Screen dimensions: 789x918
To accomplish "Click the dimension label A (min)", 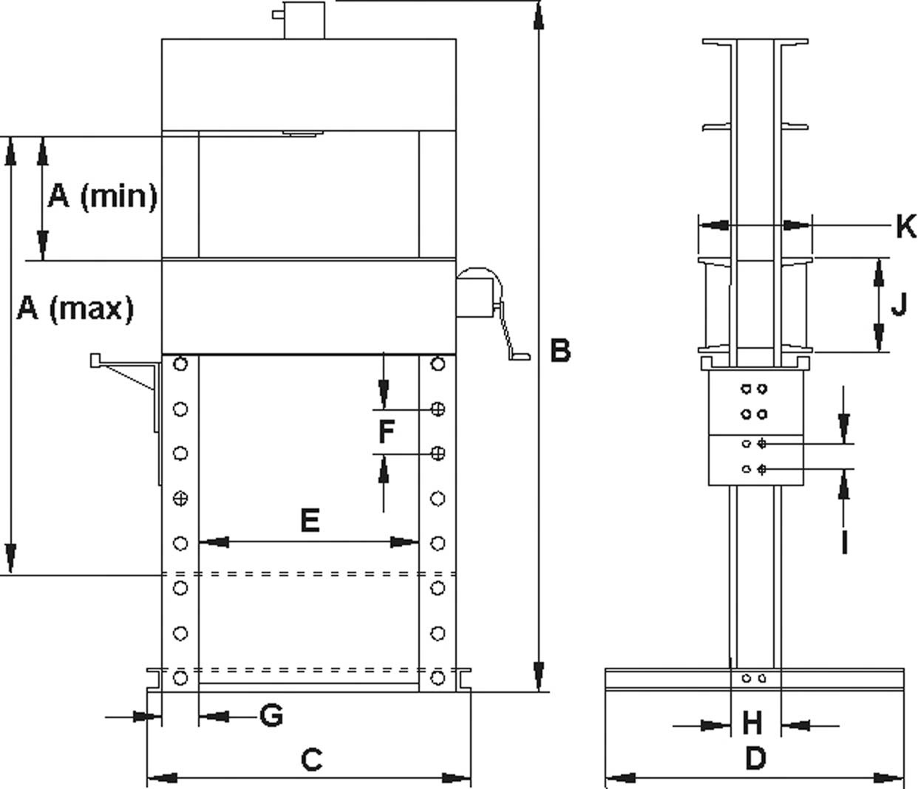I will pyautogui.click(x=102, y=197).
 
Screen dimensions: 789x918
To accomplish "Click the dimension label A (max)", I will pyautogui.click(x=75, y=308).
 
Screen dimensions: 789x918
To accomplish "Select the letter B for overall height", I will pyautogui.click(x=560, y=350).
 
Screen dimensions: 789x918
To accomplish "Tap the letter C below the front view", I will pyautogui.click(x=311, y=759).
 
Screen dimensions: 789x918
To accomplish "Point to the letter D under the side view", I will pyautogui.click(x=755, y=758).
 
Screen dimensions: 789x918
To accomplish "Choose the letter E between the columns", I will pyautogui.click(x=310, y=521).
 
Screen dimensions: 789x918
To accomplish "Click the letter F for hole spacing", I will pyautogui.click(x=386, y=431).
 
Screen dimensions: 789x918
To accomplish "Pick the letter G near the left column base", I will pyautogui.click(x=271, y=715).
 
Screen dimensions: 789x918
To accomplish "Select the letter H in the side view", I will pyautogui.click(x=752, y=723).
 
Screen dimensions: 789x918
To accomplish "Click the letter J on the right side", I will pyautogui.click(x=898, y=304).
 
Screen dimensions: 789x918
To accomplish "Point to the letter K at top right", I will pyautogui.click(x=905, y=226).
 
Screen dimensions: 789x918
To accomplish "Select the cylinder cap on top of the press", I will pyautogui.click(x=305, y=20).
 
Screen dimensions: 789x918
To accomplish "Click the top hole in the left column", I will pyautogui.click(x=180, y=364).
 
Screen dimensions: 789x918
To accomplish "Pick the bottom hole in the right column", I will pyautogui.click(x=438, y=677).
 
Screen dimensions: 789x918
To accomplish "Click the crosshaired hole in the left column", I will pyautogui.click(x=180, y=499).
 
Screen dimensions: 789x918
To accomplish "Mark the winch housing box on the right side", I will pyautogui.click(x=475, y=294).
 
